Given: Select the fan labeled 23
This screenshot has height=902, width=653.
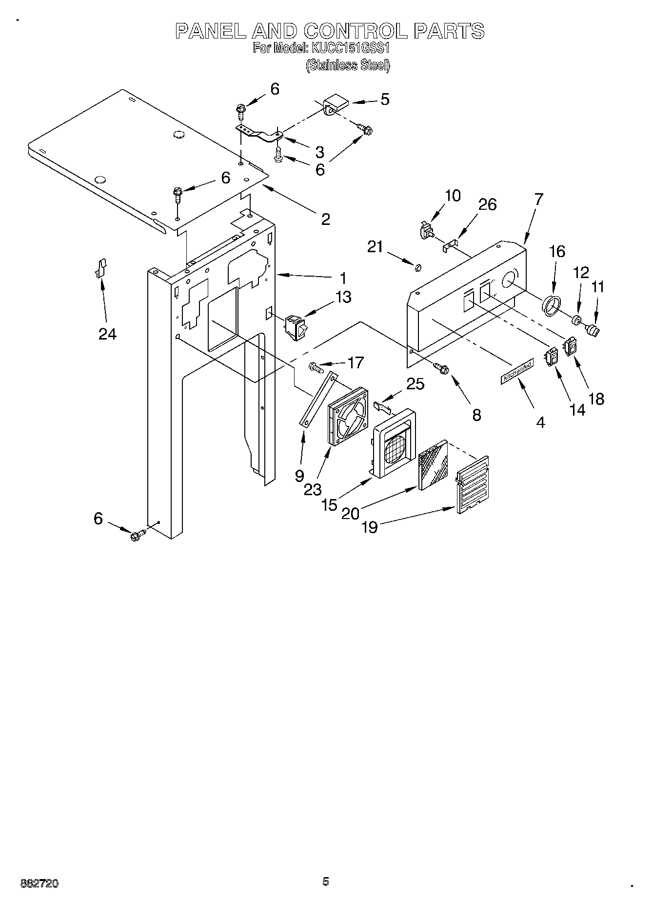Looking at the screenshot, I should (348, 416).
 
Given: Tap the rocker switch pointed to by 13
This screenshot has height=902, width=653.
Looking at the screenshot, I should (297, 325).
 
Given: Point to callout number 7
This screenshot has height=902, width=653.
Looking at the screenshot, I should (538, 199).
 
